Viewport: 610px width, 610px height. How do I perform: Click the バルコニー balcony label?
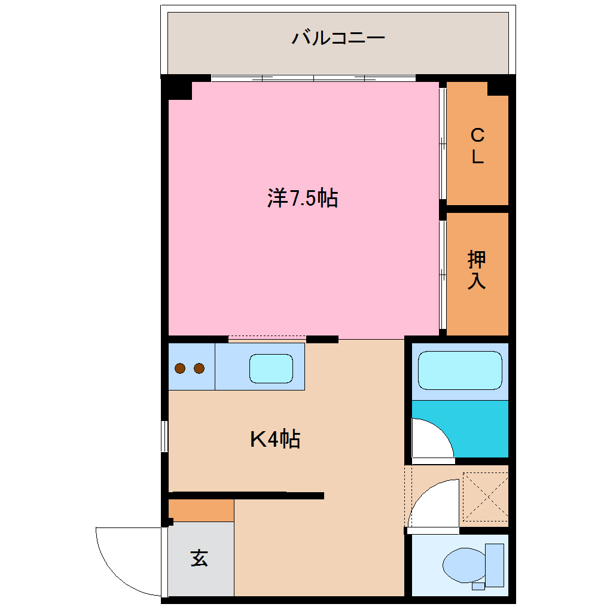point(338,39)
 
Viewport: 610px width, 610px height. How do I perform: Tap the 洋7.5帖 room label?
point(303,198)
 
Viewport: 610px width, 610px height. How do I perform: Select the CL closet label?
point(477,147)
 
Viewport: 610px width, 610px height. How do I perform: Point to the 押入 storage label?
point(477,270)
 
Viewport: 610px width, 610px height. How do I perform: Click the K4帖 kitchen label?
point(274,440)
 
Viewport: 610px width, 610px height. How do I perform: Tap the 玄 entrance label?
point(199,559)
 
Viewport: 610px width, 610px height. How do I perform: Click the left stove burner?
point(181,368)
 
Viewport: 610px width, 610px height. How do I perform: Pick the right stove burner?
point(199,368)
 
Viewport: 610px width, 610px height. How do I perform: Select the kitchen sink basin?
point(271,368)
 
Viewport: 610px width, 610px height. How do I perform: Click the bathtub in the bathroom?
point(459,371)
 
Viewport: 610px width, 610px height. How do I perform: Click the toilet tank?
point(495,565)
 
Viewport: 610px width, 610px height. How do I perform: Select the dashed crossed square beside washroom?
point(485,496)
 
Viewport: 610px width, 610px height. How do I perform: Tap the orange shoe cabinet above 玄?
point(201,511)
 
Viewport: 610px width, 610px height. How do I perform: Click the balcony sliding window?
point(313,78)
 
